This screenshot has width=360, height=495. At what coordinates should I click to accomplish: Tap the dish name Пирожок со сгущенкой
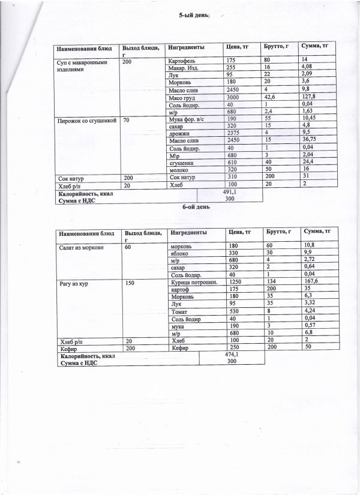point(85,121)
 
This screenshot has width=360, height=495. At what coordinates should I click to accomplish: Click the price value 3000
point(235,97)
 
